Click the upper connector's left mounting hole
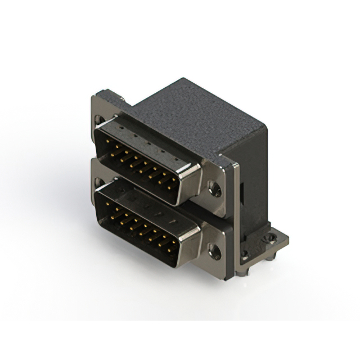[100, 120]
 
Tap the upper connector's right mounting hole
[215, 190]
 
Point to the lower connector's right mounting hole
[215, 252]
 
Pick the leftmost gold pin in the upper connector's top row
[112, 145]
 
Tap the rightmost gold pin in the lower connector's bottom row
[170, 247]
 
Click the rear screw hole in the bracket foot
[272, 238]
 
